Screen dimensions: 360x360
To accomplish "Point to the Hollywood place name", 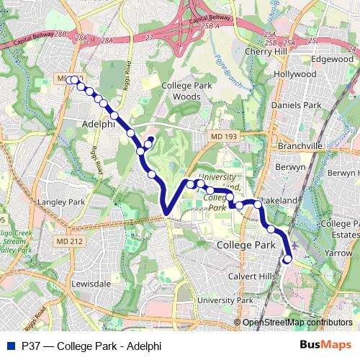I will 295,74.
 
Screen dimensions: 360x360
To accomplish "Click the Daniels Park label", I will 295,105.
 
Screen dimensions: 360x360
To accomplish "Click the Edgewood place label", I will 332,59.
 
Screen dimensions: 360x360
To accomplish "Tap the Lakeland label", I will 279,199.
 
